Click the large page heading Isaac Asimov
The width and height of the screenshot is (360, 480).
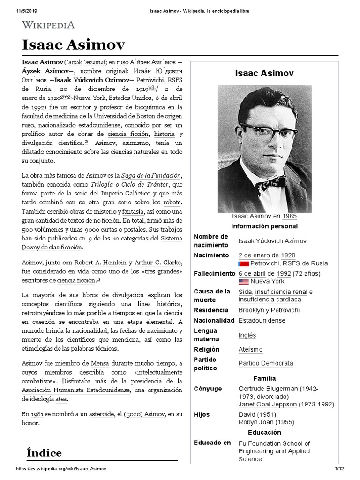tap(73, 45)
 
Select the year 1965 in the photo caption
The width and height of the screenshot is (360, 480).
tap(289, 217)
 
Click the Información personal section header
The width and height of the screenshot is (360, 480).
tap(264, 226)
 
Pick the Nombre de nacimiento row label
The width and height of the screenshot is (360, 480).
tap(211, 240)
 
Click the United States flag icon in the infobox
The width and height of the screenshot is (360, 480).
tap(243, 282)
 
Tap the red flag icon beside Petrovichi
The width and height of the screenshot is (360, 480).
tap(243, 264)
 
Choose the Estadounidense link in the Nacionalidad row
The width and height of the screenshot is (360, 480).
tap(262, 321)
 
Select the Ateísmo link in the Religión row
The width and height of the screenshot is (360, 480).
tap(250, 350)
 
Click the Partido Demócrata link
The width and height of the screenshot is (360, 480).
tap(266, 363)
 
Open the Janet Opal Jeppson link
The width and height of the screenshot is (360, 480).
tap(267, 404)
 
